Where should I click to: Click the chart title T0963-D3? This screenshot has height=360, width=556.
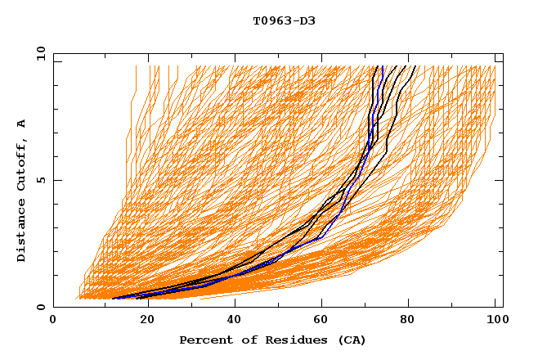[284, 20]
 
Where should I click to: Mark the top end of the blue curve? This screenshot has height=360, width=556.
[383, 66]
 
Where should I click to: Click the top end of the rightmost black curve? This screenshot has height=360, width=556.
[415, 66]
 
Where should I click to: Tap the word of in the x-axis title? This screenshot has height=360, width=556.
[245, 340]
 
